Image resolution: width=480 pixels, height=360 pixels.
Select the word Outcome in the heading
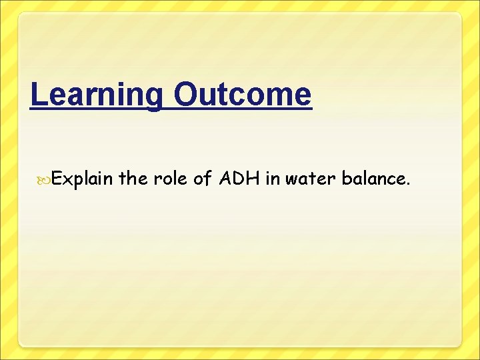(242, 95)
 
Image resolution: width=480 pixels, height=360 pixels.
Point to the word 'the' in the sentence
(135, 178)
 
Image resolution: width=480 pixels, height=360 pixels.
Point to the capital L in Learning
(38, 95)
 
